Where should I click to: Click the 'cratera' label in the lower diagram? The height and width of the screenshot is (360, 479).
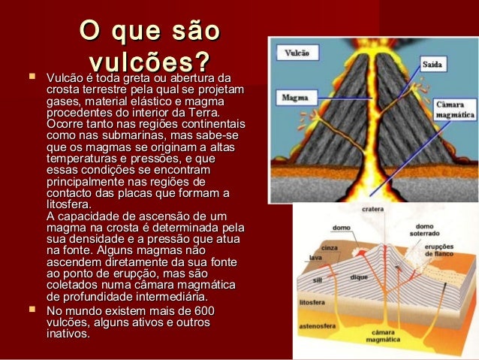(373, 208)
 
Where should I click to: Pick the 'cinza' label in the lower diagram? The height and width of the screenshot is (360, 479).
(329, 247)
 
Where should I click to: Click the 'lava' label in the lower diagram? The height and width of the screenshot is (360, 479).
(315, 258)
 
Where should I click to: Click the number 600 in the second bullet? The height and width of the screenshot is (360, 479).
(203, 311)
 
